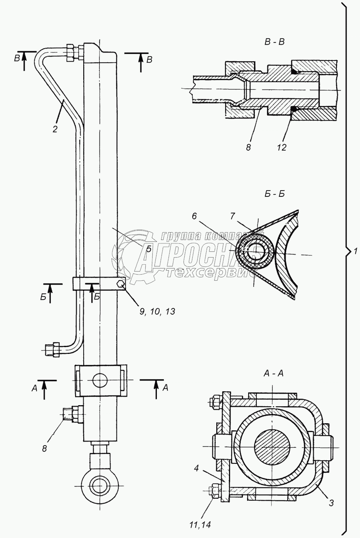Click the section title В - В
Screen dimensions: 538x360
click(274, 42)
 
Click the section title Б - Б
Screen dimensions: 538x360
click(274, 194)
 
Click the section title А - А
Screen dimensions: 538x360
click(273, 373)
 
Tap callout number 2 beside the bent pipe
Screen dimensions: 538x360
click(55, 129)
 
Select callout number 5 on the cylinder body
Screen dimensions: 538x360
click(148, 249)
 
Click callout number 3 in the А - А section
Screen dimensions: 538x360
click(330, 503)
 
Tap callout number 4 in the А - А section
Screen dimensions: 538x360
click(196, 469)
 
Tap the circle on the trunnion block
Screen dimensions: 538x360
click(100, 380)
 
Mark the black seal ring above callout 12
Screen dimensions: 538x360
click(294, 109)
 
